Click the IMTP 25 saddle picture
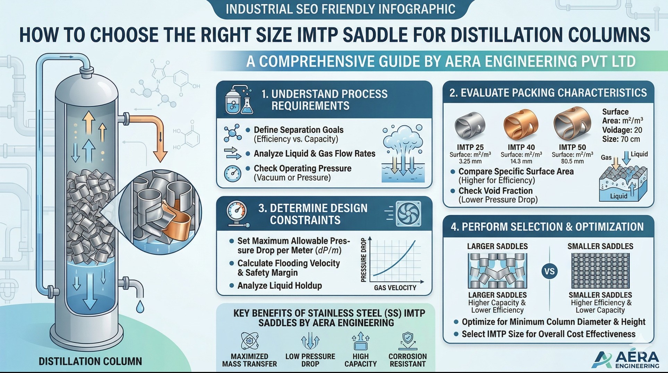pos(470,125)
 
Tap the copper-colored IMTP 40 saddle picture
pos(521,124)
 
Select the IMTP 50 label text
pos(572,147)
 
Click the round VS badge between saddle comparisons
pos(549,271)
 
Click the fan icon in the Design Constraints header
pos(409,214)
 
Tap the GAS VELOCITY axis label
pos(395,288)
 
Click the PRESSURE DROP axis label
pos(363,260)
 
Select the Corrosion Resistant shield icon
pos(408,341)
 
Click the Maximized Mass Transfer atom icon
pos(249,341)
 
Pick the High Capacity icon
pos(360,341)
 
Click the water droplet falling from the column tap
pos(140,306)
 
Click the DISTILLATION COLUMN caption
pos(90,362)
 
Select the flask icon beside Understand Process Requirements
pos(239,101)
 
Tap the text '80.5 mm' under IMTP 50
pos(572,162)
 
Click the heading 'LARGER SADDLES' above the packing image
pos(497,246)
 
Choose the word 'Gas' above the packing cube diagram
pos(606,158)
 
